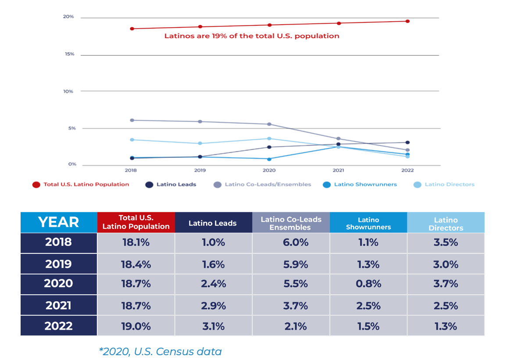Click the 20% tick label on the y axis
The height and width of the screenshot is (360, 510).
(68, 17)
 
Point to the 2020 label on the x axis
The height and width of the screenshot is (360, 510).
(269, 170)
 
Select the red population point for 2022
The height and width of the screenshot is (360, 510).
(407, 21)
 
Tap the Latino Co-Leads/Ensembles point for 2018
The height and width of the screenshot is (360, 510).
(132, 120)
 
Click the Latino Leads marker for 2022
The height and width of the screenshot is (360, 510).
(407, 143)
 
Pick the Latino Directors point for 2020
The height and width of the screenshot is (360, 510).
(269, 139)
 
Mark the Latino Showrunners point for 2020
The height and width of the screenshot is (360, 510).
(269, 159)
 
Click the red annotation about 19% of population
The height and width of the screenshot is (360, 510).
(252, 36)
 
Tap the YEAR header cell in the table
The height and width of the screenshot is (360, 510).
(58, 222)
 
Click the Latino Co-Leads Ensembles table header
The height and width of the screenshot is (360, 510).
(291, 223)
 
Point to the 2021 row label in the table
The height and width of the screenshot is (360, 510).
(58, 306)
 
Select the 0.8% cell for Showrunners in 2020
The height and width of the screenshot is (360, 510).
(368, 284)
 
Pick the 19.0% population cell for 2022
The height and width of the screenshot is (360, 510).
(136, 326)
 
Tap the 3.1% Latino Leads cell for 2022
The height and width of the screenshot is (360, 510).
(213, 326)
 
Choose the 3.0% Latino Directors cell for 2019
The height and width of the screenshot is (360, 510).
(446, 264)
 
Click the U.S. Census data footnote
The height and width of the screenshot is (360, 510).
(160, 351)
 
